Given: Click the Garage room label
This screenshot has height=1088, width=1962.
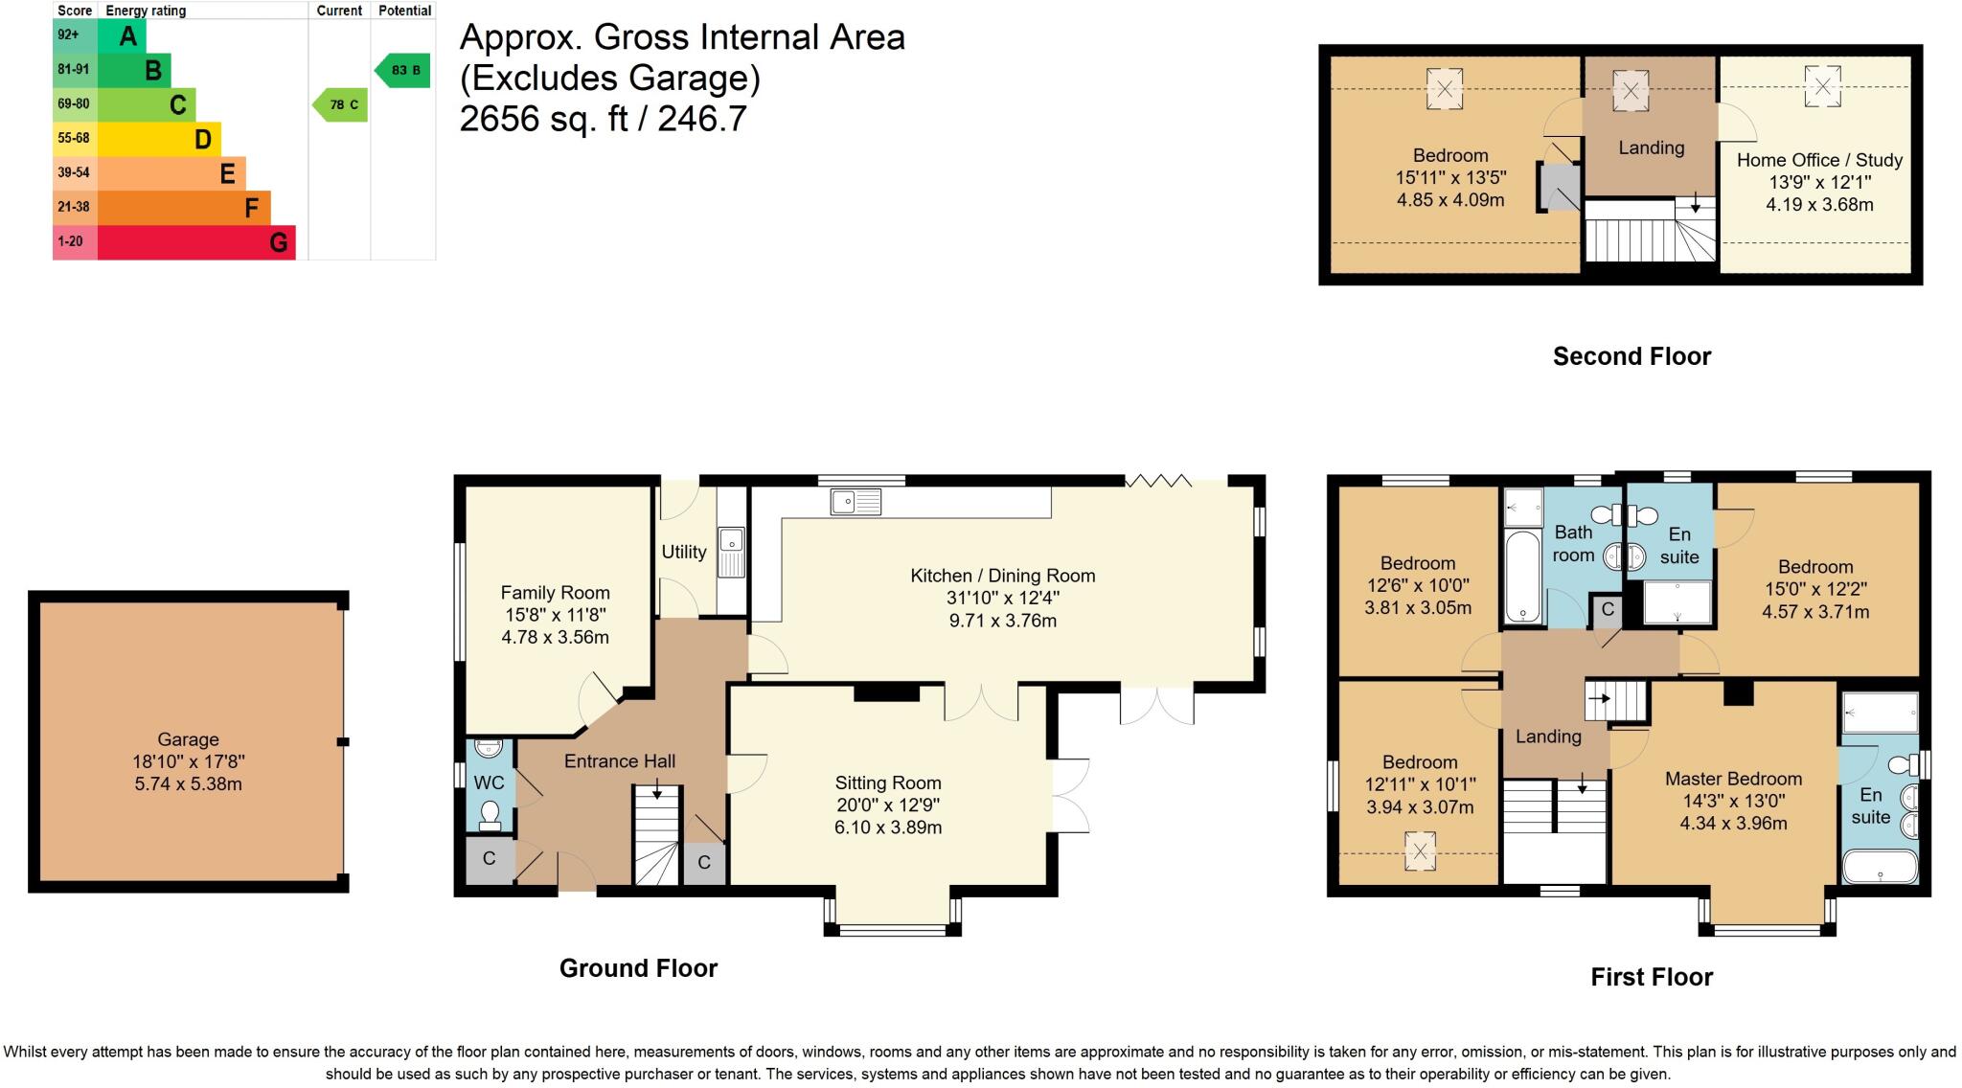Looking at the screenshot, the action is tap(188, 739).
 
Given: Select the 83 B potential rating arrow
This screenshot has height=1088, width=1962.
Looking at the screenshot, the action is tap(402, 70).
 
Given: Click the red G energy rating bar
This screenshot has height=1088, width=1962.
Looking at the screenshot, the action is tap(196, 242).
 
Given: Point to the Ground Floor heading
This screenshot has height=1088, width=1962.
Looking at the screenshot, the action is tap(638, 968).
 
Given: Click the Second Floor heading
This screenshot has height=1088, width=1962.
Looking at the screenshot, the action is tap(1631, 356).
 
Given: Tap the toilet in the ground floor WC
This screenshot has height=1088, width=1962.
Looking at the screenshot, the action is tap(490, 814).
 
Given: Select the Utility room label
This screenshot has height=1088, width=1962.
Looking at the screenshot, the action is tap(684, 552).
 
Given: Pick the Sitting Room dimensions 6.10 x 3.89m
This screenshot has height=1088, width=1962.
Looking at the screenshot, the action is tap(888, 827).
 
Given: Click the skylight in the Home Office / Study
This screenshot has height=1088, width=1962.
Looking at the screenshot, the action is tap(1822, 87).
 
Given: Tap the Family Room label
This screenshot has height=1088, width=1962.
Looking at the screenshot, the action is tap(555, 593).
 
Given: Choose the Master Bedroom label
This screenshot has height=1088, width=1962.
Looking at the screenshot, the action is tap(1733, 779).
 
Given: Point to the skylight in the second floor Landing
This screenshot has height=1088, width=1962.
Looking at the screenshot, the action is tap(1630, 91).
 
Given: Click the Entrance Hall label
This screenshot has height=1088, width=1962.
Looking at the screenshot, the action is tap(620, 761).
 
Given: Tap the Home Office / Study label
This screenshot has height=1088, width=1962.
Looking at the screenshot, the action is tap(1819, 160).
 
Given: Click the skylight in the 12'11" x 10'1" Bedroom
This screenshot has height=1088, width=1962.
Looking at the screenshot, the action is tap(1420, 851).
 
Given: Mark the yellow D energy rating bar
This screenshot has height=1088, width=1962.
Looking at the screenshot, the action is tap(159, 139).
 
